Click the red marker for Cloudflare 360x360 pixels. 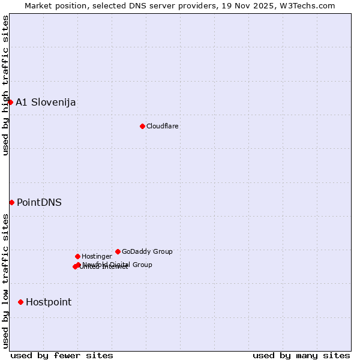pyautogui.click(x=142, y=126)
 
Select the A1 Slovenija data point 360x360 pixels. pyautogui.click(x=10, y=102)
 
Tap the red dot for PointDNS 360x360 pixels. pyautogui.click(x=11, y=202)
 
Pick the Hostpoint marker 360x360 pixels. pyautogui.click(x=20, y=302)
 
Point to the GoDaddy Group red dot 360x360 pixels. pyautogui.click(x=118, y=251)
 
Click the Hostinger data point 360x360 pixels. pyautogui.click(x=77, y=256)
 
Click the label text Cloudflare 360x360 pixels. pyautogui.click(x=163, y=126)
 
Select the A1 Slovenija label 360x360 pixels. pyautogui.click(x=46, y=102)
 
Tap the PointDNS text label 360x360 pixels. pyautogui.click(x=39, y=202)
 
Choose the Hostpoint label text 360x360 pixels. pyautogui.click(x=49, y=302)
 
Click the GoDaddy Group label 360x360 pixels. pyautogui.click(x=147, y=251)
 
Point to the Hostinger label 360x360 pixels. pyautogui.click(x=97, y=256)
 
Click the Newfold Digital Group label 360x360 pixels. pyautogui.click(x=118, y=265)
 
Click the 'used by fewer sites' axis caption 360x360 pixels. pyautogui.click(x=62, y=355)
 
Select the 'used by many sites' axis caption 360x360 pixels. pyautogui.click(x=301, y=355)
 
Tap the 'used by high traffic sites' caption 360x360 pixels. pyautogui.click(x=5, y=85)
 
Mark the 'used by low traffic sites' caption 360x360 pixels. pyautogui.click(x=5, y=281)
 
